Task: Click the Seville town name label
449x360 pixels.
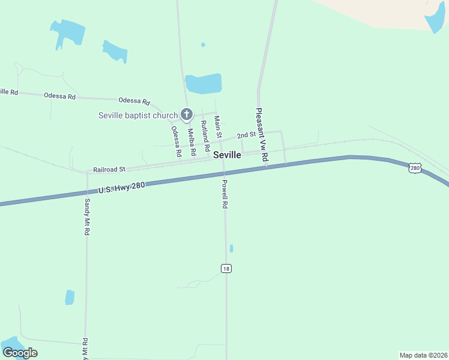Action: pyautogui.click(x=228, y=155)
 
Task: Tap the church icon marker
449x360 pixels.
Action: pyautogui.click(x=187, y=114)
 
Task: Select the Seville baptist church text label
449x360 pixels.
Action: pyautogui.click(x=138, y=115)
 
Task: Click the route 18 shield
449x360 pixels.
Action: pyautogui.click(x=226, y=268)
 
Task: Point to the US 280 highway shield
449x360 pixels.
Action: pyautogui.click(x=415, y=168)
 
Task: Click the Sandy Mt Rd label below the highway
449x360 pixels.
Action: pyautogui.click(x=87, y=218)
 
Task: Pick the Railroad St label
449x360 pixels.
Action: pyautogui.click(x=109, y=170)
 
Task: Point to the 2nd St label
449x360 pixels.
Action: pyautogui.click(x=246, y=136)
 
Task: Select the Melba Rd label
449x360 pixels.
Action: pyautogui.click(x=191, y=142)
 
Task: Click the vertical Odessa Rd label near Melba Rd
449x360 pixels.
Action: pyautogui.click(x=176, y=142)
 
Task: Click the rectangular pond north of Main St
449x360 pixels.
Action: pyautogui.click(x=203, y=84)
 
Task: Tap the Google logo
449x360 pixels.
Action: pyautogui.click(x=20, y=353)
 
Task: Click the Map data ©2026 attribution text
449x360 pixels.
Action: pyautogui.click(x=423, y=355)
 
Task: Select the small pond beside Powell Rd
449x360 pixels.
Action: pyautogui.click(x=231, y=248)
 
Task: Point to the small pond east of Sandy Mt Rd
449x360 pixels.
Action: pyautogui.click(x=70, y=297)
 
